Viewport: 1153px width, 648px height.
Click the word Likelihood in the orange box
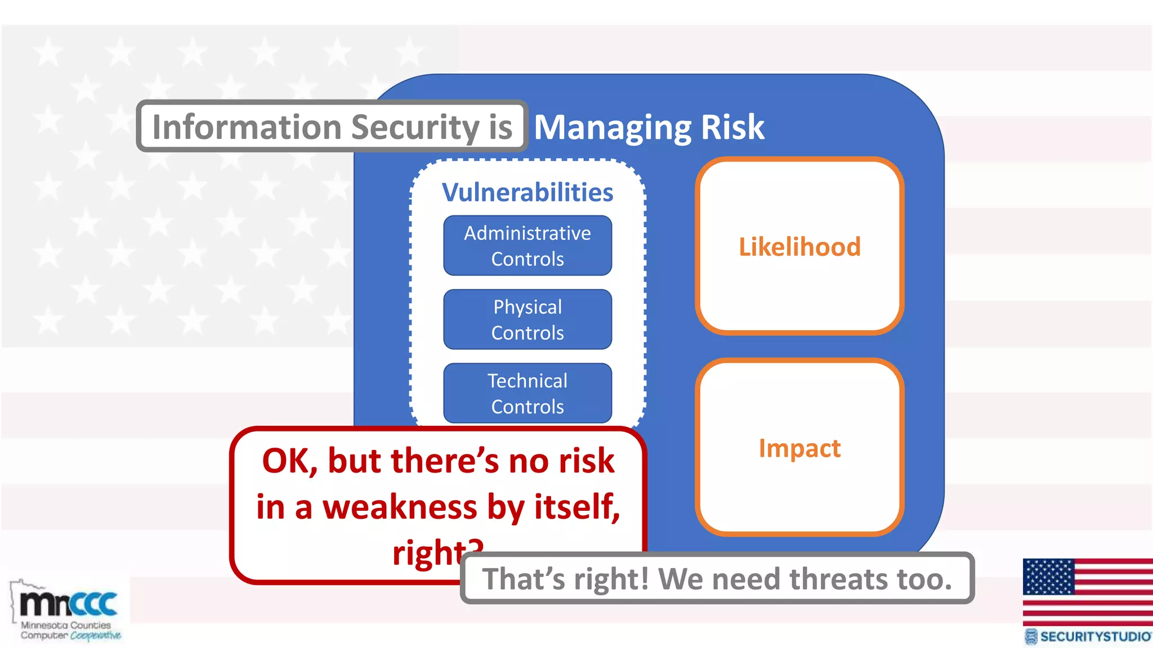(799, 247)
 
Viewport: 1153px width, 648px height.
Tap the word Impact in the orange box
(799, 448)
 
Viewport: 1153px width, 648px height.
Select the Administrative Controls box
(528, 246)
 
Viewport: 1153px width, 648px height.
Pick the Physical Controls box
(528, 319)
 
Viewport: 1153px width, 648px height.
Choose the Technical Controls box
(528, 393)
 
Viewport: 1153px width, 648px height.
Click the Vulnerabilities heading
(528, 192)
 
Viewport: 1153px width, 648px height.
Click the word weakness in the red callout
(400, 507)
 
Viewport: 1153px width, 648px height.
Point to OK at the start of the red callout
(289, 461)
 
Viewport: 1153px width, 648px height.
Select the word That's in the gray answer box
(523, 579)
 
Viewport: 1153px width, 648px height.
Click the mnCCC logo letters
(69, 604)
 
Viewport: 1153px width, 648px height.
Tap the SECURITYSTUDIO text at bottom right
(1094, 637)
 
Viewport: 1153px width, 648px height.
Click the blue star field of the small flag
(1048, 577)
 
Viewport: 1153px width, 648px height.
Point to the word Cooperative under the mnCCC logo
(96, 636)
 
